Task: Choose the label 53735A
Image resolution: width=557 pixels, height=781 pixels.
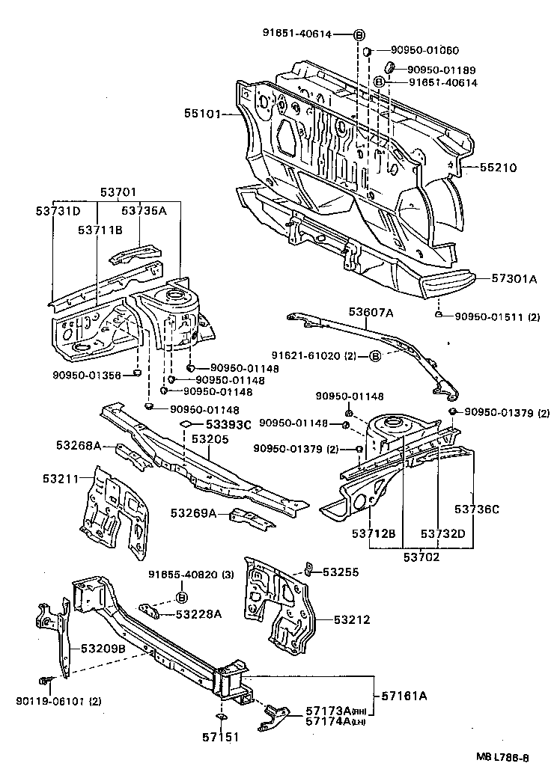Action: coord(143,211)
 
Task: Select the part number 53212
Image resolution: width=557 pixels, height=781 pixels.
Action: coord(352,620)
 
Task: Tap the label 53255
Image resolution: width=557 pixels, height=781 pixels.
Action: coord(341,572)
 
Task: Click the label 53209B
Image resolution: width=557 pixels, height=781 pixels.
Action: coord(103,648)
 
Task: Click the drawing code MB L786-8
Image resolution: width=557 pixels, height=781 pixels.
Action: coord(503,757)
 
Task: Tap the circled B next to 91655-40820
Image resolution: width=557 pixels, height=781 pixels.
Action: coord(181,596)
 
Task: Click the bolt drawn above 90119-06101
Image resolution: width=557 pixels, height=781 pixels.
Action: coord(43,681)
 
